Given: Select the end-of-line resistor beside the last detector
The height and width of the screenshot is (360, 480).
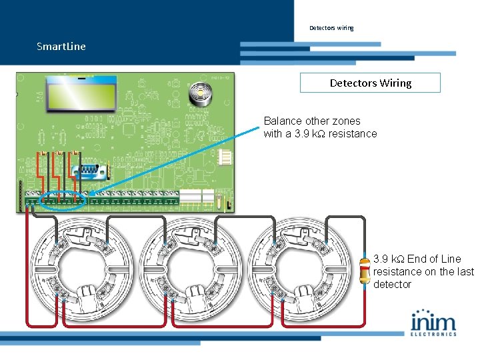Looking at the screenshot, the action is [x=365, y=270].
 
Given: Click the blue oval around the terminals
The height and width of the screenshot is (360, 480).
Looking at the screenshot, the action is [x=63, y=199].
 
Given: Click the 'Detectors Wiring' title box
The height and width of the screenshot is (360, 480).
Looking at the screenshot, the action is [x=370, y=83].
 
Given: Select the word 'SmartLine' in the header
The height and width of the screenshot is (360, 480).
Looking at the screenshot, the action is [x=61, y=47].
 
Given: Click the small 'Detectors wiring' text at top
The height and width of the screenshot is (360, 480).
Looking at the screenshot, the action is [x=331, y=28].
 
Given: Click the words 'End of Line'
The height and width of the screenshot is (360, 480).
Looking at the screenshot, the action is [x=434, y=259].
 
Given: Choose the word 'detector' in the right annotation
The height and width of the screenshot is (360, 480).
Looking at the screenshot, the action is [x=393, y=284].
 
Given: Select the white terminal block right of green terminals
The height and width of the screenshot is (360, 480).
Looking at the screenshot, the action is [x=192, y=196].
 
